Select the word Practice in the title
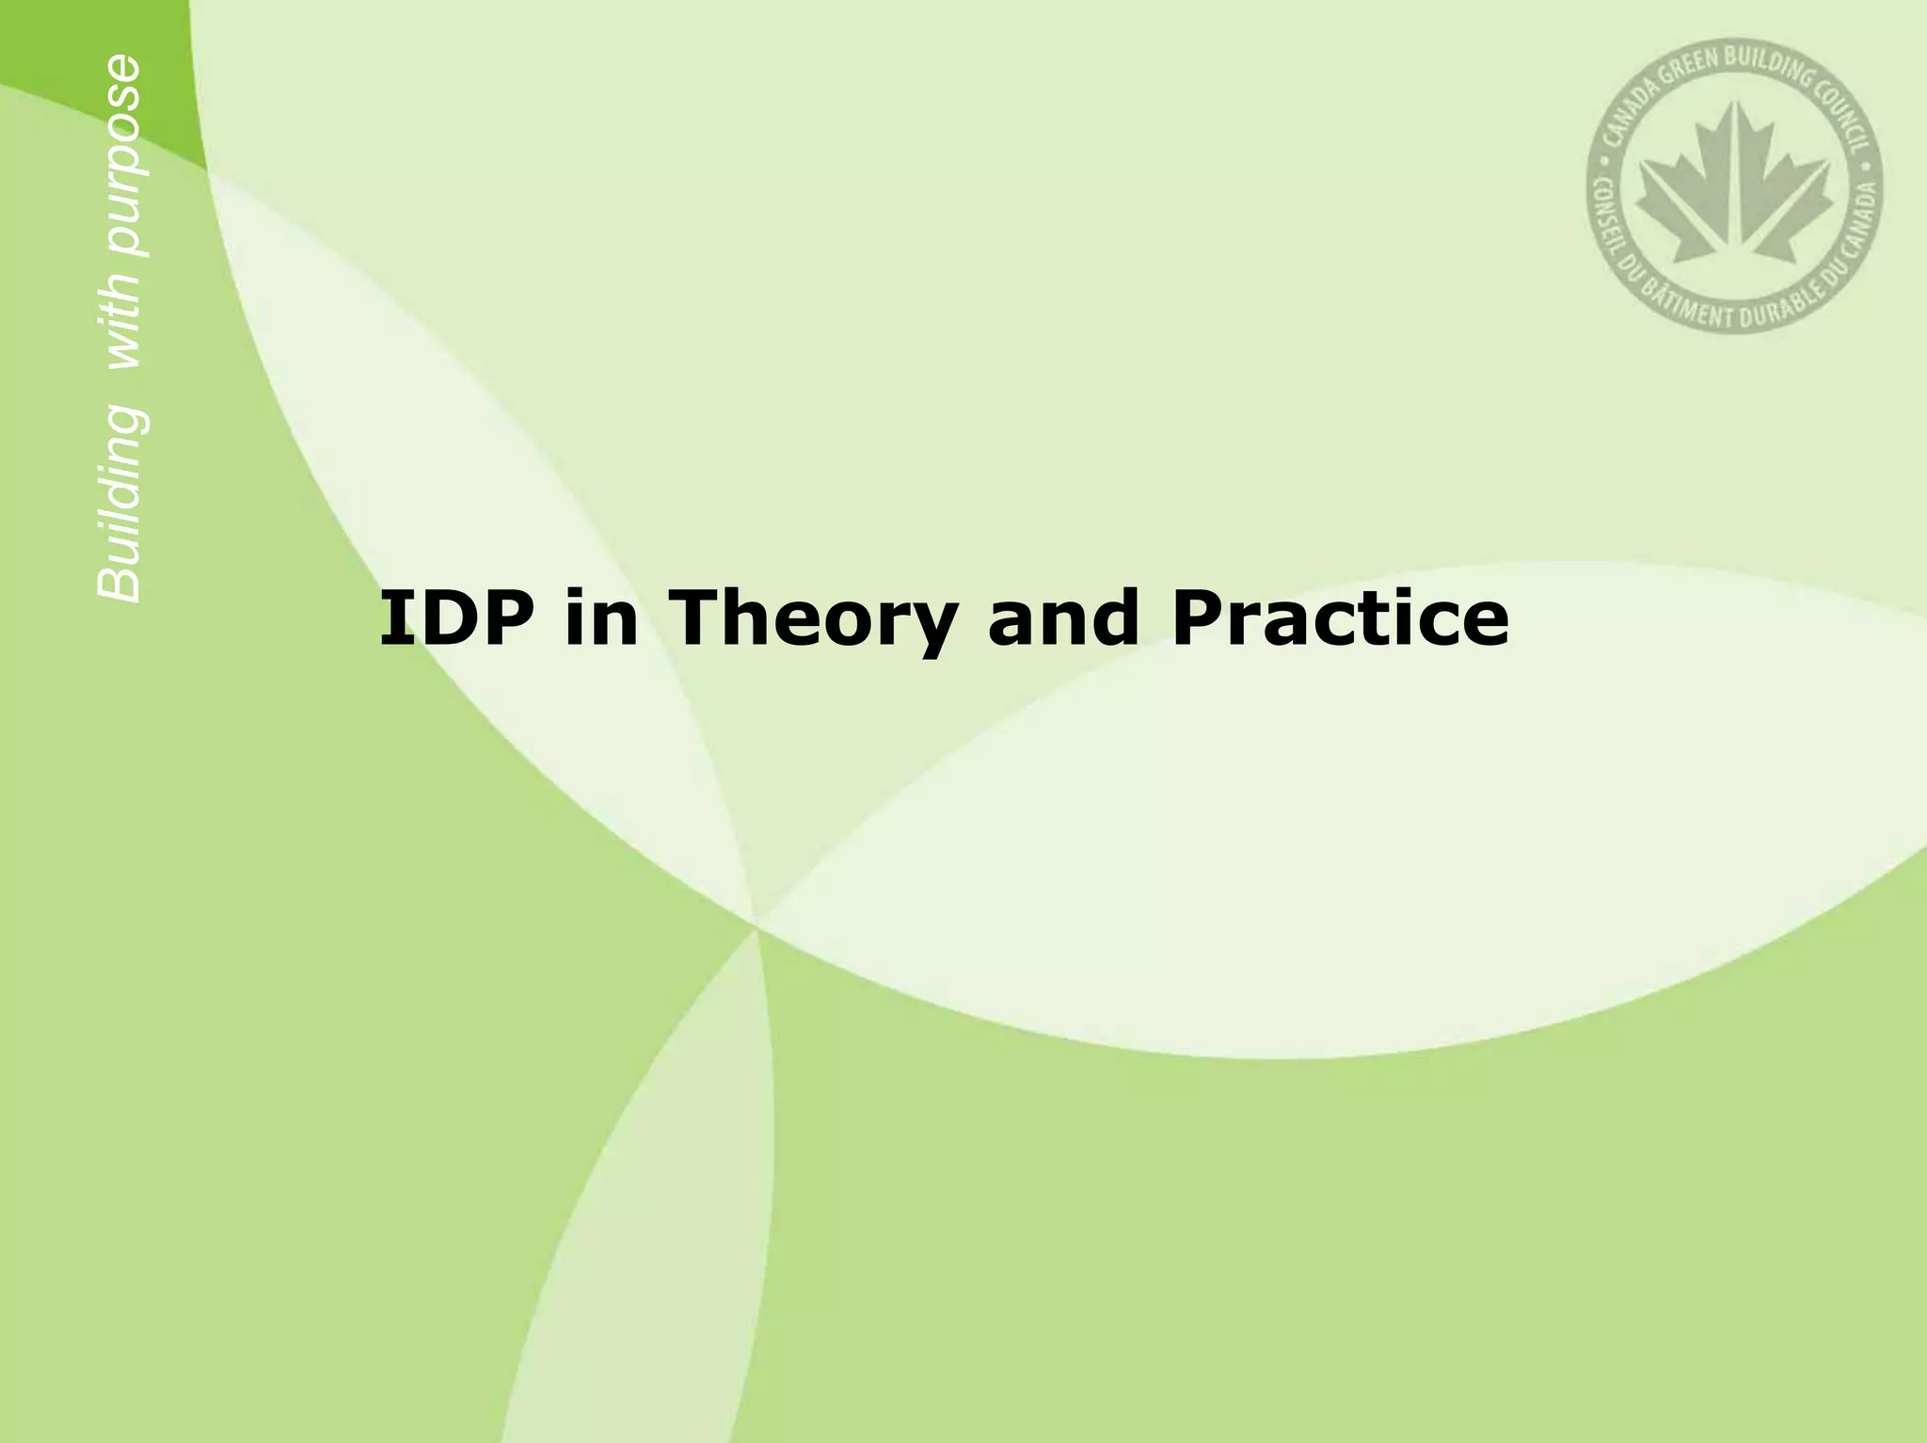(1340, 618)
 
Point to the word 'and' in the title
(1063, 618)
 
